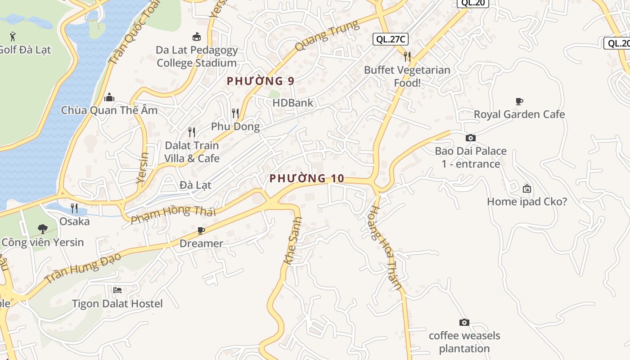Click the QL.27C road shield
391,39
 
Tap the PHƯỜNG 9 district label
261,81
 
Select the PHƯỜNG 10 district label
307,179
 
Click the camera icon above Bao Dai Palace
471,138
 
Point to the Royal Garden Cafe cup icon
519,101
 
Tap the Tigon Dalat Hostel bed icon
117,290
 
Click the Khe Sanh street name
293,241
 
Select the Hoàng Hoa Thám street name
385,247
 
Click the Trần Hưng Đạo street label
84,268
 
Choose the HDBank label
292,103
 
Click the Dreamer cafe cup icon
201,230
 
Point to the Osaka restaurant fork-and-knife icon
74,208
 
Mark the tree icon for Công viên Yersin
42,229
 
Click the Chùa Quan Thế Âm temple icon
109,97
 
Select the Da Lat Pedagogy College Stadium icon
197,36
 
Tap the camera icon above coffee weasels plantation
464,322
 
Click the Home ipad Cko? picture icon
527,189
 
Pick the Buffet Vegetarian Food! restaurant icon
407,56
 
